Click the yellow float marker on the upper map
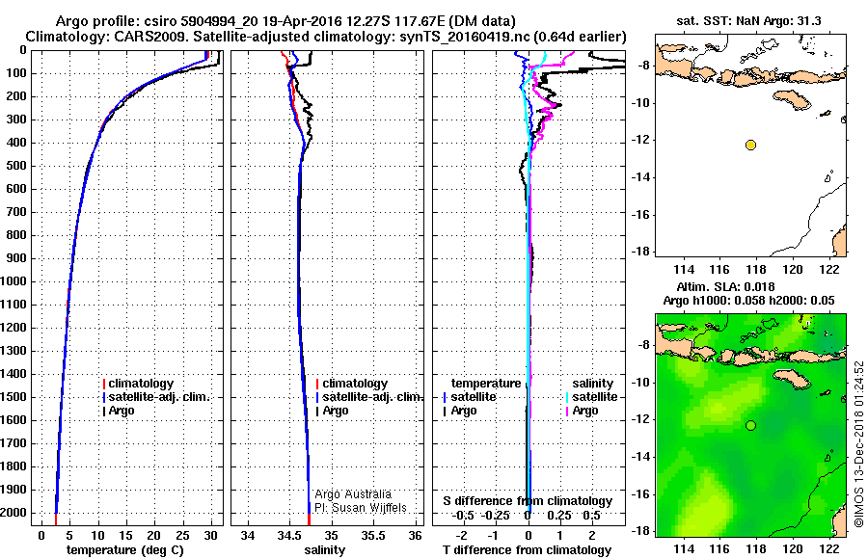[x=750, y=145]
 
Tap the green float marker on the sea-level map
[x=750, y=425]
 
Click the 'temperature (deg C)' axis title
[x=124, y=550]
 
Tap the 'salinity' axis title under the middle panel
[x=324, y=550]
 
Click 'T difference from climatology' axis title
[x=527, y=550]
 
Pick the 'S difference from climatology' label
[x=527, y=501]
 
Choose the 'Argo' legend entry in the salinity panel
[x=336, y=411]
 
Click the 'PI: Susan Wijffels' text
[x=361, y=508]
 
